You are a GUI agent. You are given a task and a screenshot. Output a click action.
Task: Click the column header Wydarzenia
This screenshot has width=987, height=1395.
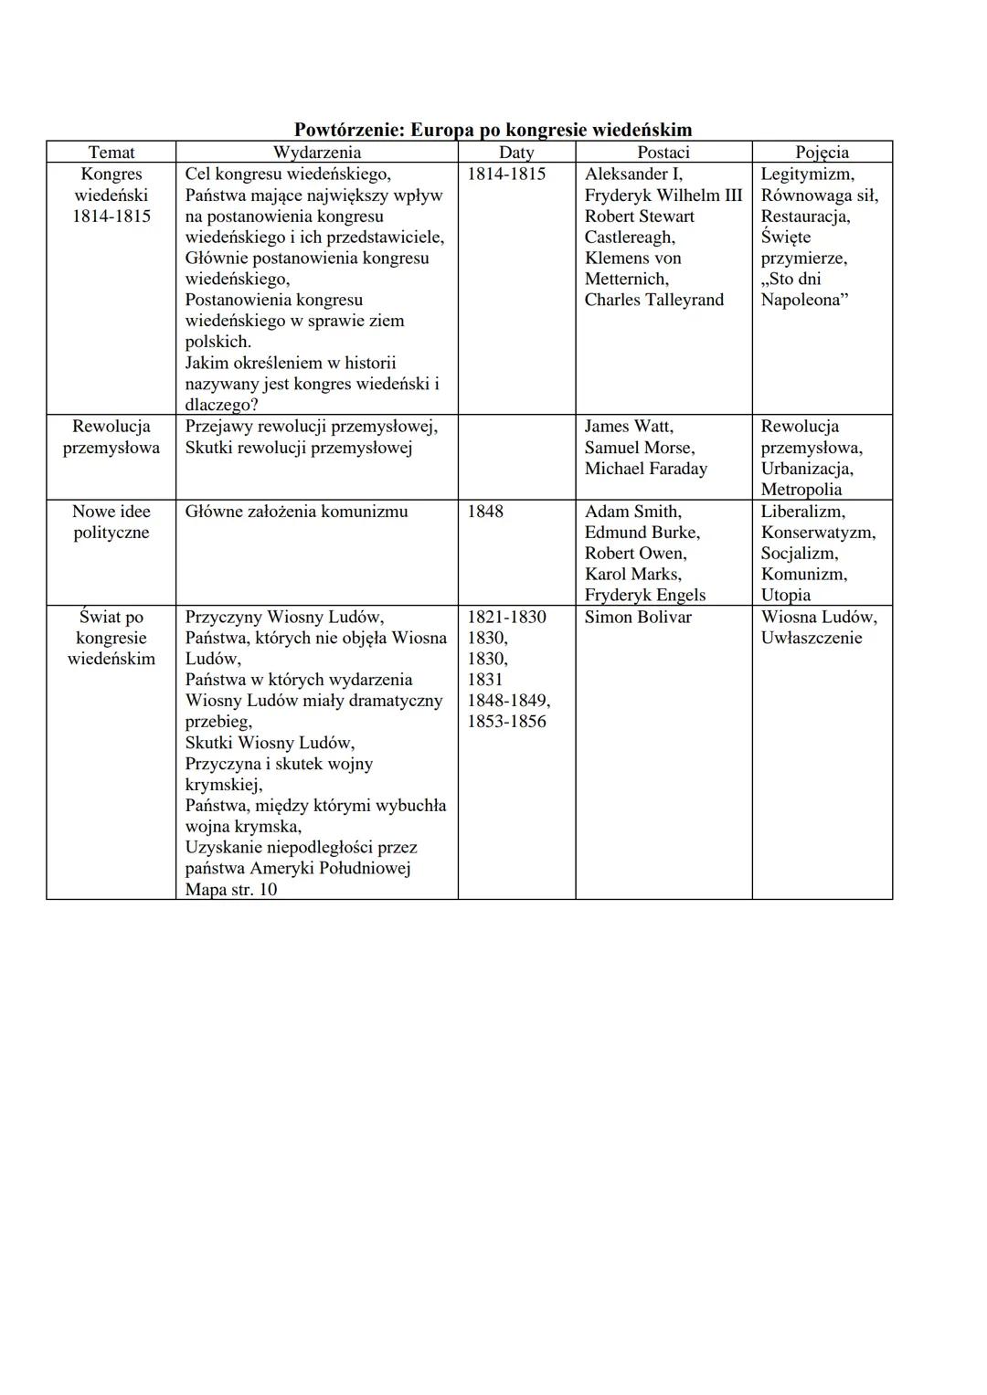pos(316,153)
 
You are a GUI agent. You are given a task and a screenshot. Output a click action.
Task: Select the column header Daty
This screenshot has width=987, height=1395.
pos(516,153)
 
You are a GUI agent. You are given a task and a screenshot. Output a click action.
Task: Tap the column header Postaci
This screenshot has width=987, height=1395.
pos(663,153)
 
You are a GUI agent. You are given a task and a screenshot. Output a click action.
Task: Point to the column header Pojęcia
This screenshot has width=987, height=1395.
pos(822,153)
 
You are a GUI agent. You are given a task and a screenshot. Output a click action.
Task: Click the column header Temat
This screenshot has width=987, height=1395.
pos(111,153)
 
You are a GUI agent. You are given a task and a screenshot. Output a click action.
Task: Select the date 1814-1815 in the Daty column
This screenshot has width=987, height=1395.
pos(506,174)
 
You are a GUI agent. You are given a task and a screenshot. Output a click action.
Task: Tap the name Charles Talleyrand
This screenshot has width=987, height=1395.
pos(653,300)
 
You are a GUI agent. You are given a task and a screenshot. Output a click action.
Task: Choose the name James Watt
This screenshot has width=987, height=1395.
pos(629,427)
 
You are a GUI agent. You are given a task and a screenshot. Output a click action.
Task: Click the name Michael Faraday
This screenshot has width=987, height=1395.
pos(646,469)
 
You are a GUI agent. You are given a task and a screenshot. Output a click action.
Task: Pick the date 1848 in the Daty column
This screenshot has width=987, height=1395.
pos(485,512)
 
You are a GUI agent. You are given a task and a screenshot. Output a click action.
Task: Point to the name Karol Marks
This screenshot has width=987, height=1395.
pos(632,575)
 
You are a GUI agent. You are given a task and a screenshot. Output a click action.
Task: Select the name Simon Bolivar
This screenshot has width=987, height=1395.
pos(638,618)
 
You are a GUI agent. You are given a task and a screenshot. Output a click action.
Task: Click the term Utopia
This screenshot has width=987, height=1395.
pos(786,596)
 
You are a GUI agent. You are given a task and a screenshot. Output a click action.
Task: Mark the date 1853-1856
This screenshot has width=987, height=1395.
pos(506,722)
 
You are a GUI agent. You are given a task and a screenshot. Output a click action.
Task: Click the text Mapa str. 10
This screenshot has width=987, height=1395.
pos(230,890)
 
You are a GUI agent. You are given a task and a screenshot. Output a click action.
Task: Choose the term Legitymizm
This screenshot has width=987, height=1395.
pos(807,174)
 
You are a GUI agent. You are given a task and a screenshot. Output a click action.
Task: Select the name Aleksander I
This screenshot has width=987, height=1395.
pos(633,174)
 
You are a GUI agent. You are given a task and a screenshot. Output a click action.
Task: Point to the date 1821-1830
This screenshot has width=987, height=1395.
pos(506,618)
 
